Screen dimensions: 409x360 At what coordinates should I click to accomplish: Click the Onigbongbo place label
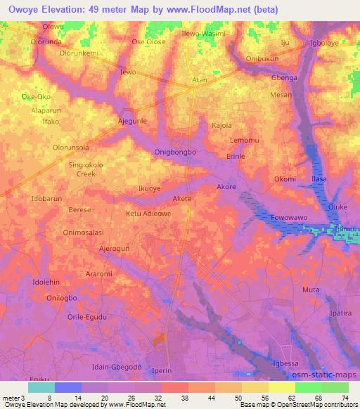pyautogui.click(x=175, y=152)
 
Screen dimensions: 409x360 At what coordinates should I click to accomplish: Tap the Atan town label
pyautogui.click(x=200, y=80)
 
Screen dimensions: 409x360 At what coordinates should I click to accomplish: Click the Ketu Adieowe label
pyautogui.click(x=148, y=213)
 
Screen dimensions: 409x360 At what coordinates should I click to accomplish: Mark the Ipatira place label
pyautogui.click(x=340, y=311)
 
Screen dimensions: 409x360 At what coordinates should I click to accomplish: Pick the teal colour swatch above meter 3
pyautogui.click(x=41, y=387)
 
